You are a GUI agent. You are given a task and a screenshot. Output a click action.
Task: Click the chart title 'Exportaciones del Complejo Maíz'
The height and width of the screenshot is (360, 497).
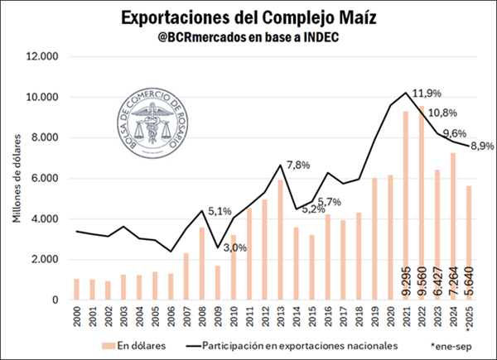coord(248,17)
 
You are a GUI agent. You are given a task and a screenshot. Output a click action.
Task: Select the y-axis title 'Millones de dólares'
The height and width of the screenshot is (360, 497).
coord(18,178)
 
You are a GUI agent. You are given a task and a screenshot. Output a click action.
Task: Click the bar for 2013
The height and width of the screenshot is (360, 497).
coord(282,240)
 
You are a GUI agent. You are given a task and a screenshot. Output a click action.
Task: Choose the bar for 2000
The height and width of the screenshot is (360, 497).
coord(77,290)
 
